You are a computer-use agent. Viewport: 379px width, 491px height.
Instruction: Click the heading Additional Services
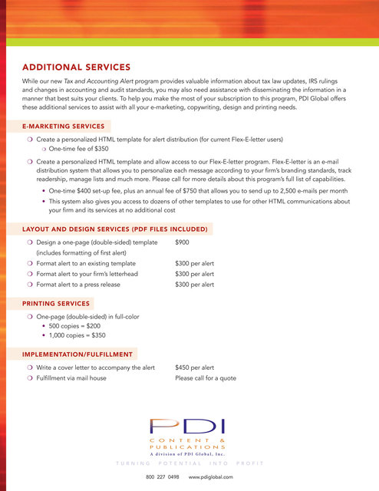(x=76, y=67)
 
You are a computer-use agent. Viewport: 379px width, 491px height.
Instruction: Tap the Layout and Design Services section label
(x=117, y=229)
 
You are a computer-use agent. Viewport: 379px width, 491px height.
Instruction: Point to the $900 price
(x=183, y=242)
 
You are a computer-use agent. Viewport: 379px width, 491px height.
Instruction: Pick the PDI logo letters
(x=188, y=427)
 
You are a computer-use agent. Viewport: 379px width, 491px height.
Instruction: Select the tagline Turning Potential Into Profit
(x=189, y=463)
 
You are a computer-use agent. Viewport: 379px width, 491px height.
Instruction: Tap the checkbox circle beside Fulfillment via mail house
(x=29, y=378)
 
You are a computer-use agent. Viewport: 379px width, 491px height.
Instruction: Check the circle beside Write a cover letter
(x=29, y=367)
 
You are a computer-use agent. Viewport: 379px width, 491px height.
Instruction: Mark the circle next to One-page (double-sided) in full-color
(x=29, y=316)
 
